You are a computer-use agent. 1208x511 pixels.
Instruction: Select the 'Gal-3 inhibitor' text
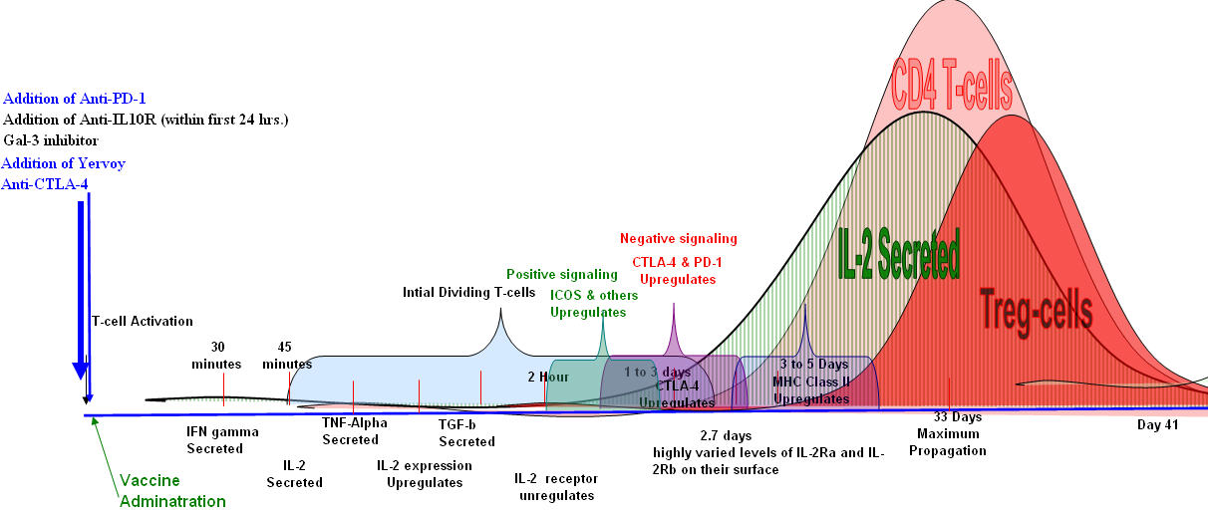pos(51,140)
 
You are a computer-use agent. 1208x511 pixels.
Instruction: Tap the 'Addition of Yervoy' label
pos(64,162)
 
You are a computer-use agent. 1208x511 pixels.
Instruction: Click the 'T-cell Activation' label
pos(143,321)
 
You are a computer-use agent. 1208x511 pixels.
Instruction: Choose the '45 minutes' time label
pos(287,355)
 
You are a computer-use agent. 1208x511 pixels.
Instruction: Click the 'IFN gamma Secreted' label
pos(222,440)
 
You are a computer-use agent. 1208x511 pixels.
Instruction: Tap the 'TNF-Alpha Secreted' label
pos(354,431)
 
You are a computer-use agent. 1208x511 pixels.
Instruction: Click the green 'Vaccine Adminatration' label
pos(172,491)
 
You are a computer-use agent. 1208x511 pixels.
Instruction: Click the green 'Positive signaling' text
pos(562,274)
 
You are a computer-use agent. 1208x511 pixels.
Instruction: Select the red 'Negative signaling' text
pos(679,239)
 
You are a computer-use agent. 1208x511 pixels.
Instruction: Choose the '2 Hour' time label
pos(548,378)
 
